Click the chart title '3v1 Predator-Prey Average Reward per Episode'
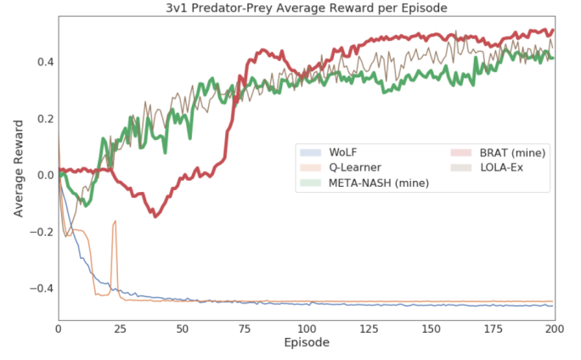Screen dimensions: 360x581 pyautogui.click(x=307, y=8)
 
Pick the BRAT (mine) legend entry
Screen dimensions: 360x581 pyautogui.click(x=510, y=152)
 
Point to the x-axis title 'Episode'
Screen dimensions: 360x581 pyautogui.click(x=307, y=344)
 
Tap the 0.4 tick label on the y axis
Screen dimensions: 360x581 pyautogui.click(x=44, y=62)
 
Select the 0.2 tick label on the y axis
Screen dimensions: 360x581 pyautogui.click(x=44, y=119)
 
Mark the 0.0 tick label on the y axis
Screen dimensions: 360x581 pyautogui.click(x=44, y=175)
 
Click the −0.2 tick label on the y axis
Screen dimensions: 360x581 pyautogui.click(x=41, y=232)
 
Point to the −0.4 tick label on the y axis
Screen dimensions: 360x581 pyautogui.click(x=41, y=289)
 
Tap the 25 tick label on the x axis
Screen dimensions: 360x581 pyautogui.click(x=120, y=328)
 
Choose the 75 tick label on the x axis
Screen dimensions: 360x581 pyautogui.click(x=244, y=328)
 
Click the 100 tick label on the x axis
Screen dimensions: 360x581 pyautogui.click(x=306, y=328)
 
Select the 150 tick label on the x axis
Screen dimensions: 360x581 pyautogui.click(x=430, y=328)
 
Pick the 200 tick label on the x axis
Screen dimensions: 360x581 pyautogui.click(x=554, y=328)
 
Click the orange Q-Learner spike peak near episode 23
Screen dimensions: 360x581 pyautogui.click(x=115, y=221)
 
